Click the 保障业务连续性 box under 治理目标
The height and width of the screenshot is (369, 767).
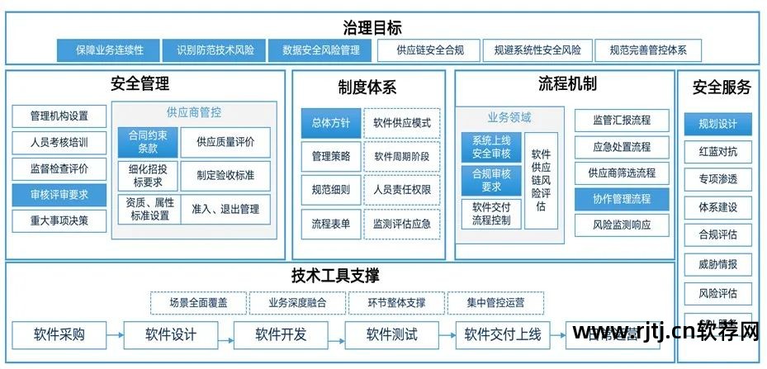click(x=110, y=50)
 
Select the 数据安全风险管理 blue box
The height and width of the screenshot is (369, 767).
click(x=321, y=50)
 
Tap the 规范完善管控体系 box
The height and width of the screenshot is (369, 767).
click(x=648, y=50)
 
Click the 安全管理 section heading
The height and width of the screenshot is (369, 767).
click(x=140, y=84)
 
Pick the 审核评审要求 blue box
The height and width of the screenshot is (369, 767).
click(x=59, y=196)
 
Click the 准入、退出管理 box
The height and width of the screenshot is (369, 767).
click(x=225, y=209)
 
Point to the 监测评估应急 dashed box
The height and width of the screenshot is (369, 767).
click(x=401, y=224)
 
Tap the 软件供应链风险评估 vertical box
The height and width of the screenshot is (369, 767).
click(x=541, y=180)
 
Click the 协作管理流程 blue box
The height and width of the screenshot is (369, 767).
click(x=622, y=199)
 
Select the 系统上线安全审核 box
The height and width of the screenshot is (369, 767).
click(x=491, y=147)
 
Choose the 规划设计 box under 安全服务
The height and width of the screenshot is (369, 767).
click(x=717, y=125)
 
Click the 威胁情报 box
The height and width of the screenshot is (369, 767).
click(x=717, y=265)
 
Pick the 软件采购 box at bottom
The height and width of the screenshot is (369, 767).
click(x=59, y=335)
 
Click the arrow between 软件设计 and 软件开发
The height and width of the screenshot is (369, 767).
click(x=226, y=335)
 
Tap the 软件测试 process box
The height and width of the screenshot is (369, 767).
click(x=392, y=335)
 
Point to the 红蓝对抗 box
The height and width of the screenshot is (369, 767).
click(x=717, y=153)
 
